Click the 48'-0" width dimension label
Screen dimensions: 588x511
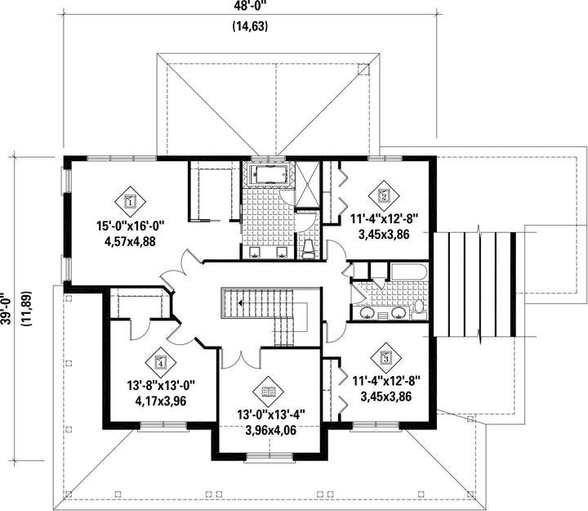[250, 5]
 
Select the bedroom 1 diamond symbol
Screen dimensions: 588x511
[130, 202]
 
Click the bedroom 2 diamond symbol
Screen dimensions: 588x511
[384, 195]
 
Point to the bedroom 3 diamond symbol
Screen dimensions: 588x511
[386, 357]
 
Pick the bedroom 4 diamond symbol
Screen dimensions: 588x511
[161, 363]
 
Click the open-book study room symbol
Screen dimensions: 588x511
[269, 392]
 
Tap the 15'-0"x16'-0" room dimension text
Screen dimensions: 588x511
[131, 226]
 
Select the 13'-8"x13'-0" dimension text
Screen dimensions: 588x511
[161, 386]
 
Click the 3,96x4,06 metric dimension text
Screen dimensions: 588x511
[271, 430]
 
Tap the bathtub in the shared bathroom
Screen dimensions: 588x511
[409, 272]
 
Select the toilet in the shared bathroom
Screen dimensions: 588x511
[419, 310]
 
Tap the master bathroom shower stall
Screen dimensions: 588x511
[308, 184]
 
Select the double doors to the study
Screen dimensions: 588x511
[241, 359]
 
